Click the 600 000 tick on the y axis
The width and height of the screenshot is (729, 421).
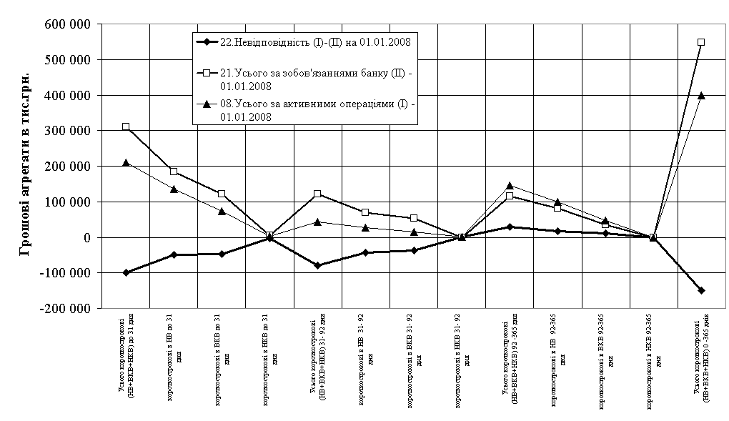(x=69, y=24)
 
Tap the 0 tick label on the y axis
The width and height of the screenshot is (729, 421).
(x=89, y=237)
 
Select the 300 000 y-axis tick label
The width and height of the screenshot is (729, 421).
(x=69, y=131)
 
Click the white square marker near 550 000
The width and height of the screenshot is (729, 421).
(x=701, y=42)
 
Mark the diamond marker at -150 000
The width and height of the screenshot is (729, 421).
(x=701, y=290)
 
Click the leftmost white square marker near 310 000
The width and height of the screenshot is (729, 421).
(x=126, y=127)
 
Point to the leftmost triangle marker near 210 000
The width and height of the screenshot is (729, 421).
(x=126, y=163)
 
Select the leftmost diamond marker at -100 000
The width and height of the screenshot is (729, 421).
(x=126, y=272)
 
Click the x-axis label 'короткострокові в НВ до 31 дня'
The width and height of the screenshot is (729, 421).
(x=174, y=357)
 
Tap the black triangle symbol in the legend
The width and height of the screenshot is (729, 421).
(x=207, y=104)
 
